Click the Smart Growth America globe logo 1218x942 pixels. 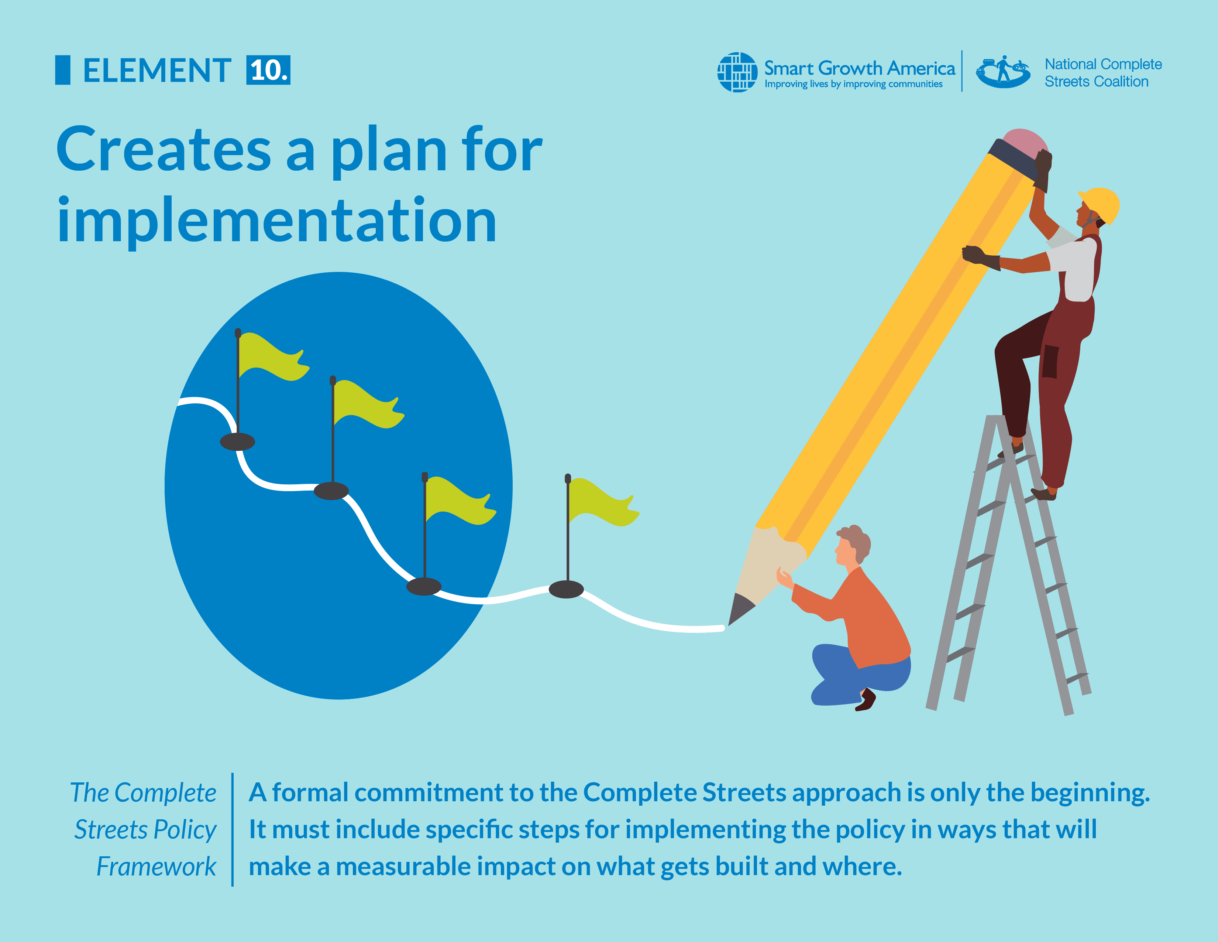coord(737,72)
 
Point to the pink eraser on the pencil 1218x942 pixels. coord(1025,140)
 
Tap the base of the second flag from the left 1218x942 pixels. coord(331,491)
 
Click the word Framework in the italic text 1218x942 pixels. coord(156,867)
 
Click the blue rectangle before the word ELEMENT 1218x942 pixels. coord(62,70)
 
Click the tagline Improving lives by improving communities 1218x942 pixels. coord(853,84)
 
